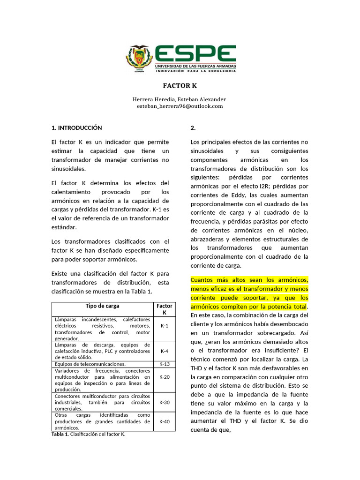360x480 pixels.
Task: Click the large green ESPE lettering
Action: coord(195,54)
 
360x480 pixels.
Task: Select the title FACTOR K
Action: coord(180,86)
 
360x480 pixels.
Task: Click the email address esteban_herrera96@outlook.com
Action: coord(180,106)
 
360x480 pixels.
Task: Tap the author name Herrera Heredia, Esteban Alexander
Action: coord(180,99)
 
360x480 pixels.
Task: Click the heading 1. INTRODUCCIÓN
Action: coord(76,127)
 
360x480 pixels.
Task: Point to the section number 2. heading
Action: coord(194,127)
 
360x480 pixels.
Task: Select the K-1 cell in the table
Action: coord(164,325)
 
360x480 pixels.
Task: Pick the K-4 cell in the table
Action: coord(164,351)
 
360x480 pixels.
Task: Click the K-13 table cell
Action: coord(164,364)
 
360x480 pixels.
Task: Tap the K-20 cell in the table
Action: coord(164,376)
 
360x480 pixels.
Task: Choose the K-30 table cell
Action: coord(164,402)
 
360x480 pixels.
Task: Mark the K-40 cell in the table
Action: coord(164,421)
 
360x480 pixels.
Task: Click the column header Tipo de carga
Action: coord(103,306)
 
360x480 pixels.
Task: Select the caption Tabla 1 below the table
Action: coord(60,434)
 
